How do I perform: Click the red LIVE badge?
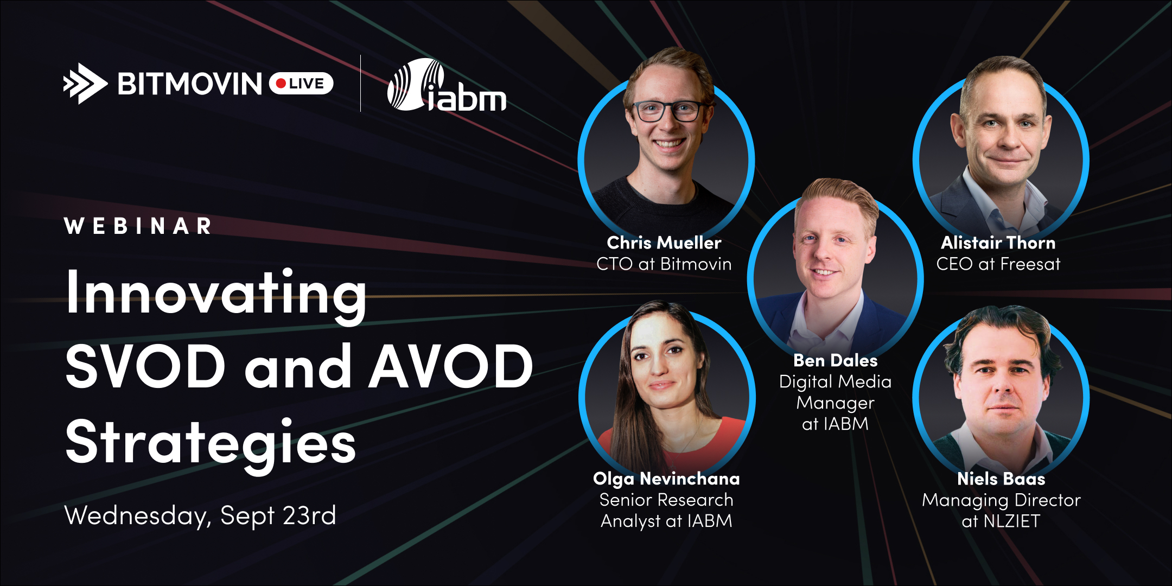[x=301, y=84]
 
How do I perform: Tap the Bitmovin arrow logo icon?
[x=85, y=84]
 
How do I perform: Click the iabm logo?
[x=447, y=85]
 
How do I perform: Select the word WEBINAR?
[x=138, y=226]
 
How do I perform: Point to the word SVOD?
[x=145, y=367]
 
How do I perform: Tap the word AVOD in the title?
[x=451, y=367]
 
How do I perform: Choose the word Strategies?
[x=211, y=444]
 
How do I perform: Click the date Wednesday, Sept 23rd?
[x=200, y=515]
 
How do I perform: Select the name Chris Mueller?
[x=664, y=243]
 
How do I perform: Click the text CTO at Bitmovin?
[x=664, y=264]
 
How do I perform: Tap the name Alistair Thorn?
[x=998, y=243]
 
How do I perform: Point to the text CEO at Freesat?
[x=998, y=264]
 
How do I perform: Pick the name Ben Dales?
[x=836, y=360]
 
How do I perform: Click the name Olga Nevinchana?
[x=666, y=479]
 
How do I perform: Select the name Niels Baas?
[x=1001, y=479]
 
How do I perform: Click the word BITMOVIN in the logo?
[x=190, y=84]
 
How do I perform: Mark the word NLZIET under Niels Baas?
[x=1012, y=521]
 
